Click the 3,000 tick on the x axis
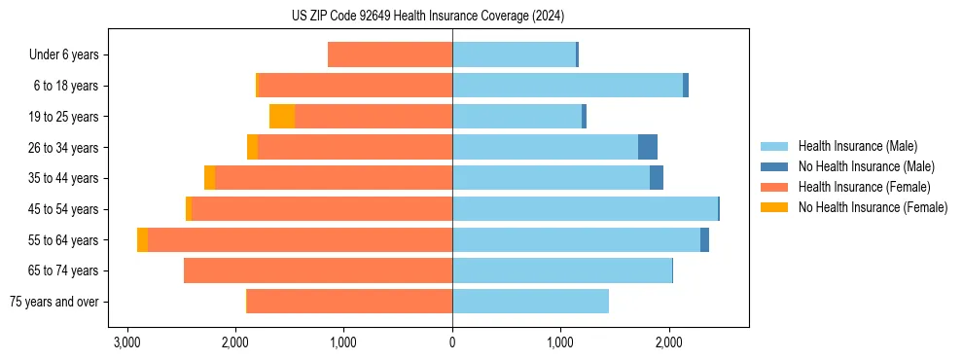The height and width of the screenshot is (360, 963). (126, 342)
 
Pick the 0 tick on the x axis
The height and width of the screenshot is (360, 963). (452, 342)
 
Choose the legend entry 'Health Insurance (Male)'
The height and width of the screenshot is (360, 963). (857, 146)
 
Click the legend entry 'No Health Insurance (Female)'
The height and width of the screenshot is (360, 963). (873, 207)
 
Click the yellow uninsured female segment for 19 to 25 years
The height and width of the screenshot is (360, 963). (282, 117)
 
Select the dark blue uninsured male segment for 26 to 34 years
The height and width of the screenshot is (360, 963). (648, 147)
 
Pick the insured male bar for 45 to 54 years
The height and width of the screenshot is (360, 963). (585, 209)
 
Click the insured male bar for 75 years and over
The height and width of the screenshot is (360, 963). (530, 302)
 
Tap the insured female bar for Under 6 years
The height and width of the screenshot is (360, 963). (390, 54)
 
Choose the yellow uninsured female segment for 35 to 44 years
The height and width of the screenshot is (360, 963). (209, 178)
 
